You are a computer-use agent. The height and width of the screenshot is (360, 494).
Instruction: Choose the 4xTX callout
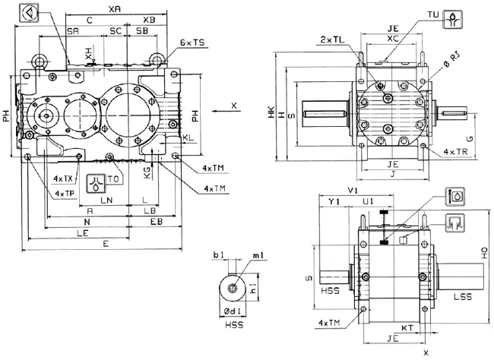63,179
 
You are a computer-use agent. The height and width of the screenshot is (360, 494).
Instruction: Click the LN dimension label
106,200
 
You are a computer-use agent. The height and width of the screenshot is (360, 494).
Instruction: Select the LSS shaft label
462,295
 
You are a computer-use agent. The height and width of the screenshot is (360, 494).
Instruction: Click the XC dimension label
392,37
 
